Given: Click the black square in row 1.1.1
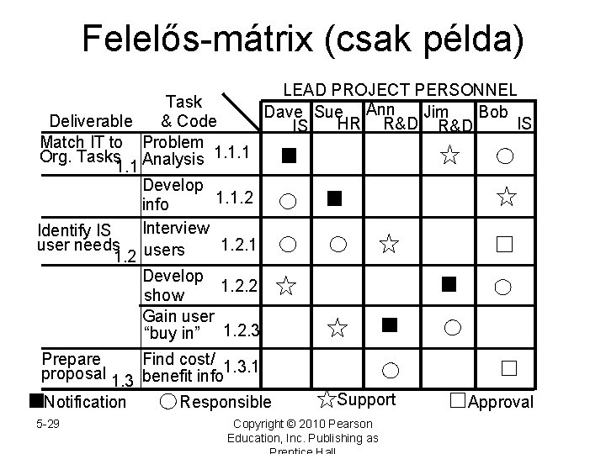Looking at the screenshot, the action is (289, 155).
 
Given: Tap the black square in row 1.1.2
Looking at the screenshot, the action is (335, 198).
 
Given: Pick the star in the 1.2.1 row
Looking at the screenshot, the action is (388, 245).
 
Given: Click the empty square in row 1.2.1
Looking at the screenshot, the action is (504, 245).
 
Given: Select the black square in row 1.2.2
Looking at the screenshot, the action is (449, 283).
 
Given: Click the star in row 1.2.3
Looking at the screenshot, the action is (337, 327).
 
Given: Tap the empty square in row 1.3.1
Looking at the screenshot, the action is (507, 368).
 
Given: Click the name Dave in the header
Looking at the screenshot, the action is (283, 112).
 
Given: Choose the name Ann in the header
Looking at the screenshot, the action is (380, 108).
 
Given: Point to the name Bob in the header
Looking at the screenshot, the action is (492, 110).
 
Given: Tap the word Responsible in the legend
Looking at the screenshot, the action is (226, 403).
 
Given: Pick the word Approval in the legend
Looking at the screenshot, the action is (500, 402).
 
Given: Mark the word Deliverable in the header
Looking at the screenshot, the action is (90, 120).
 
